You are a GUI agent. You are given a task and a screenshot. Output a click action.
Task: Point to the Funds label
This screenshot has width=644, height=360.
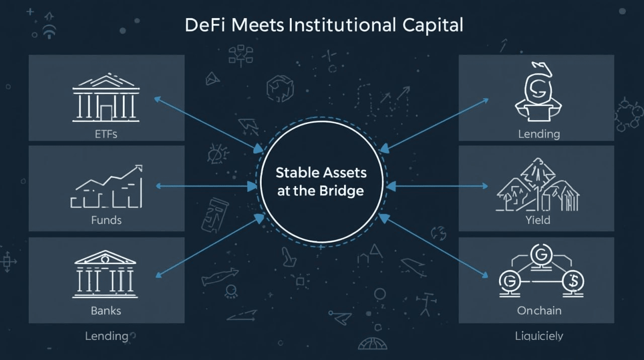tap(106, 220)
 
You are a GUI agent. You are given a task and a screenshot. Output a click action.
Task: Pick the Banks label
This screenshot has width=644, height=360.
tap(106, 310)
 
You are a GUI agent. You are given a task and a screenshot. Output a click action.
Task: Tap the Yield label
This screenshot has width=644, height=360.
tap(537, 220)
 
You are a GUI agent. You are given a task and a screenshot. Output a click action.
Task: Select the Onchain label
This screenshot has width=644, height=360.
tap(539, 310)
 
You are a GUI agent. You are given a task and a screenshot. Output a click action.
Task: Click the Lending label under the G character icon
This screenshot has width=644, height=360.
tap(539, 134)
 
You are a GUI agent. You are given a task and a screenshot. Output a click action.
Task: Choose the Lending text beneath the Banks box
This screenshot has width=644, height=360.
tap(106, 335)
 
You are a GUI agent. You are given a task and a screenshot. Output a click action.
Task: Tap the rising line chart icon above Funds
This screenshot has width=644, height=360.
tap(106, 186)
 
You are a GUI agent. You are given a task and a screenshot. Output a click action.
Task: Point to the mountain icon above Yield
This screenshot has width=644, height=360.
tap(537, 186)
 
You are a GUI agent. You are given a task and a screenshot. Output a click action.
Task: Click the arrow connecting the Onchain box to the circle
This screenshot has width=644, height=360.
tap(434, 246)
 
